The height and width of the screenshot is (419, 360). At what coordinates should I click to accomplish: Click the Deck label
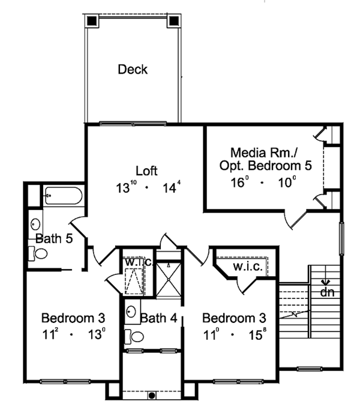[x=133, y=70]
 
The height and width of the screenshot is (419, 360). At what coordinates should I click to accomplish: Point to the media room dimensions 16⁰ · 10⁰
[x=263, y=182]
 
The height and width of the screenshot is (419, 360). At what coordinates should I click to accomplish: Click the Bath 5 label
[x=54, y=238]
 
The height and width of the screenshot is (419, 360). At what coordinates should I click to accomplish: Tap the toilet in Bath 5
[x=38, y=253]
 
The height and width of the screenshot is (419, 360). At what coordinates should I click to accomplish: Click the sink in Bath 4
[x=131, y=312]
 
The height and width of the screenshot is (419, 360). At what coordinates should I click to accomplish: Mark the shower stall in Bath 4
[x=169, y=278]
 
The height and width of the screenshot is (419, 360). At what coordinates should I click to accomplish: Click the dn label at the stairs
[x=327, y=293]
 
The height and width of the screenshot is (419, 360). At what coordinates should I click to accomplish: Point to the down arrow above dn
[x=326, y=281]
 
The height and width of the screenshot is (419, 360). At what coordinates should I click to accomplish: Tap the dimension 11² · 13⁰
[x=74, y=334]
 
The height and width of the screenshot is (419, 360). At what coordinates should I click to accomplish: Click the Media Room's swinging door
[x=296, y=219]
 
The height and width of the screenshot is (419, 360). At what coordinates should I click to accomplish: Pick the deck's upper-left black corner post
[x=91, y=20]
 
